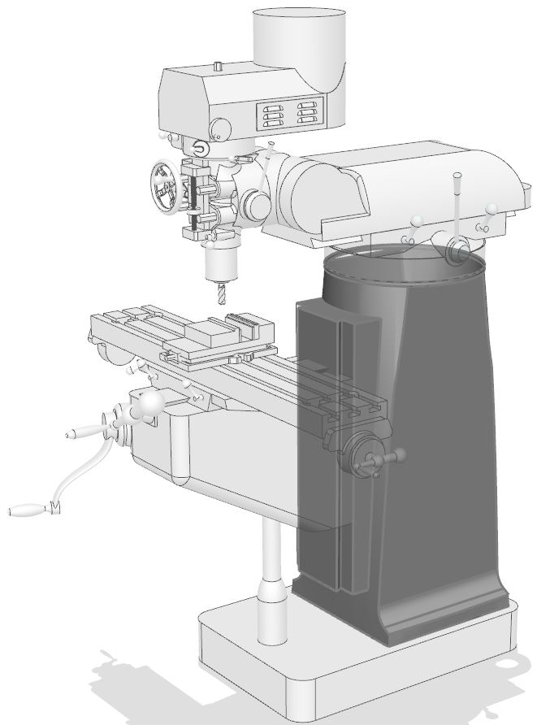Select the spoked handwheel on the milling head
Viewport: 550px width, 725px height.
tap(167, 188)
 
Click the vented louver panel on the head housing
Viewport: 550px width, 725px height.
tap(290, 113)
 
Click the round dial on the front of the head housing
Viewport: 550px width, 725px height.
tap(219, 128)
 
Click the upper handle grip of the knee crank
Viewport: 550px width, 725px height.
tap(80, 433)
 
